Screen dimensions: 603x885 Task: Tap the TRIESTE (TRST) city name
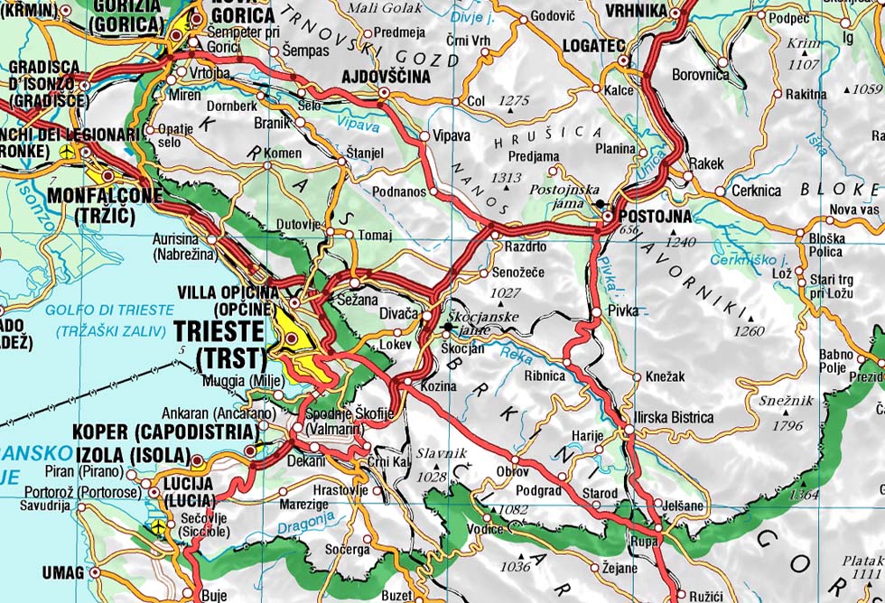pos(232,342)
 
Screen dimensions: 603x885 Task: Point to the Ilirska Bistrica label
pos(675,418)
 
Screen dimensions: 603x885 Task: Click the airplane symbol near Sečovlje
pos(160,524)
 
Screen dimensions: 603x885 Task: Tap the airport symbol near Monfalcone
pos(66,153)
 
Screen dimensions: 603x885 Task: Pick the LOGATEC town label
pos(593,43)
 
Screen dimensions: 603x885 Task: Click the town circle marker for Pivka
pos(596,311)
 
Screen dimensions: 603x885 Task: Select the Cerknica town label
pos(756,191)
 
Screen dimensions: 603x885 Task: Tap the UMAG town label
pos(61,572)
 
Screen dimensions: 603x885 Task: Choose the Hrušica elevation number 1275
pos(513,100)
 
